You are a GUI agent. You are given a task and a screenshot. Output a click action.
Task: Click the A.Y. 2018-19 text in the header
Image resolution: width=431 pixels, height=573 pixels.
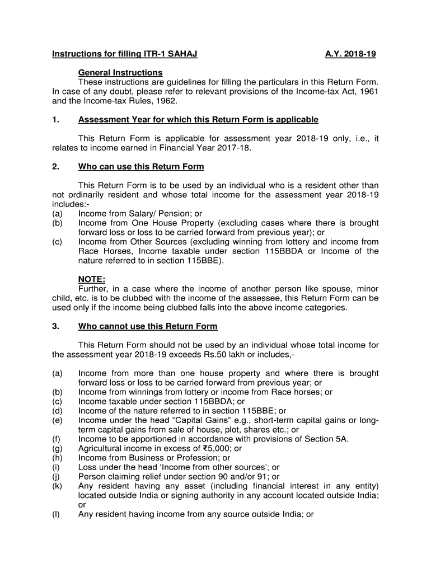click(x=350, y=54)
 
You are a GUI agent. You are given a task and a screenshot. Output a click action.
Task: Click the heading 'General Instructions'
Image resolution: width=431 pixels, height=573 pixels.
click(x=120, y=73)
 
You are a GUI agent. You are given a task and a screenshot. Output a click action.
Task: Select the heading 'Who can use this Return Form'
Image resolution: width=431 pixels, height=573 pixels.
click(x=141, y=167)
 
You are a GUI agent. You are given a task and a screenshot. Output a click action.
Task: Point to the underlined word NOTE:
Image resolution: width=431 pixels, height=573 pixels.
click(x=92, y=279)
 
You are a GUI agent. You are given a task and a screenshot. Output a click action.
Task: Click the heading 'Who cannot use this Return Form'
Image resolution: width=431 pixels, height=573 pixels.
click(x=148, y=326)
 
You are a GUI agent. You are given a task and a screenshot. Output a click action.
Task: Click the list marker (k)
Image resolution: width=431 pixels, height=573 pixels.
click(x=57, y=486)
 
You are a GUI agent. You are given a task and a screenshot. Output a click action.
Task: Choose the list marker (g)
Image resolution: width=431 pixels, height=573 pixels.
click(x=57, y=449)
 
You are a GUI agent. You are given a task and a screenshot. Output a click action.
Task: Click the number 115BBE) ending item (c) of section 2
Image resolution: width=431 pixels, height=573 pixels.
click(x=205, y=261)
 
